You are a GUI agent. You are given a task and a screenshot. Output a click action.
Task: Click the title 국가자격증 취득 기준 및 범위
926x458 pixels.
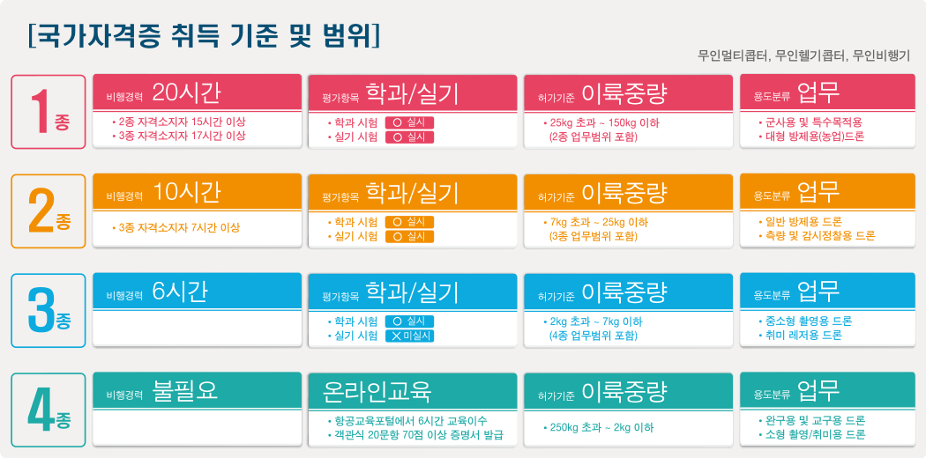tap(204, 35)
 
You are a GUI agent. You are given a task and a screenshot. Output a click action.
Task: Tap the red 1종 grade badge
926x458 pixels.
tap(49, 111)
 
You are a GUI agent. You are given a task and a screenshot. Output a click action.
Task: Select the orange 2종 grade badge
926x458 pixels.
tap(49, 211)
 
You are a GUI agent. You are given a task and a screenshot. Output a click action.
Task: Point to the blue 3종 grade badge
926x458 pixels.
tap(49, 311)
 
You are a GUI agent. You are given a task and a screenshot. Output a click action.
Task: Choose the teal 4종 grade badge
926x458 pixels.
tap(49, 410)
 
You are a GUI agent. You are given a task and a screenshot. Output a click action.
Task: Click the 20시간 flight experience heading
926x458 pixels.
tap(186, 92)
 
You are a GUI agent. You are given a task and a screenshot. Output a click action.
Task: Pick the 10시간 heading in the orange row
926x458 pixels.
tap(186, 192)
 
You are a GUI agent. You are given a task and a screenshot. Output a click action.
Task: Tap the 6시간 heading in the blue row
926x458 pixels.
tap(180, 292)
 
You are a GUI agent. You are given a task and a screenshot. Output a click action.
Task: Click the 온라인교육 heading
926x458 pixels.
tap(377, 390)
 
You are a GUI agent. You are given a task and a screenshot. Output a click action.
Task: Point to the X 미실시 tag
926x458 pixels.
tap(409, 336)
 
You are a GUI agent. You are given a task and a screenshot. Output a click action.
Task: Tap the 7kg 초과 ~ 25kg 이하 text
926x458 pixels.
tap(596, 223)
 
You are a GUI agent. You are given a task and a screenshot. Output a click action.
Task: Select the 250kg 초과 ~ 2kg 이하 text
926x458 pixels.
tap(598, 427)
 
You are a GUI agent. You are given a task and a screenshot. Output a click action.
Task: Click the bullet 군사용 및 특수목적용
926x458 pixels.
tap(810, 122)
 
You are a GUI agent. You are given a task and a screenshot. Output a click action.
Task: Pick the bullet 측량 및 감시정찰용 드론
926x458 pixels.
tap(816, 236)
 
